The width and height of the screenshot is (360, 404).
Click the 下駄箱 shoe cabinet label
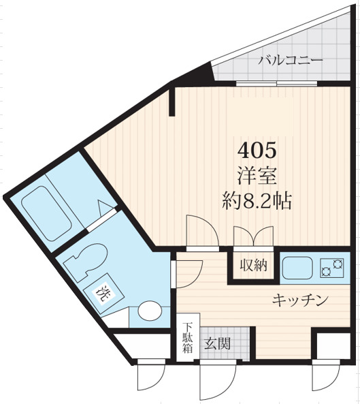[188, 338]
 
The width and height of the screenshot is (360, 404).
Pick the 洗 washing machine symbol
[103, 295]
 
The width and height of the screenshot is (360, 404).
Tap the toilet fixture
[86, 262]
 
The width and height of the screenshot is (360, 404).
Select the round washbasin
[149, 313]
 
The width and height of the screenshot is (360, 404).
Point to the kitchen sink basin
[297, 267]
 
